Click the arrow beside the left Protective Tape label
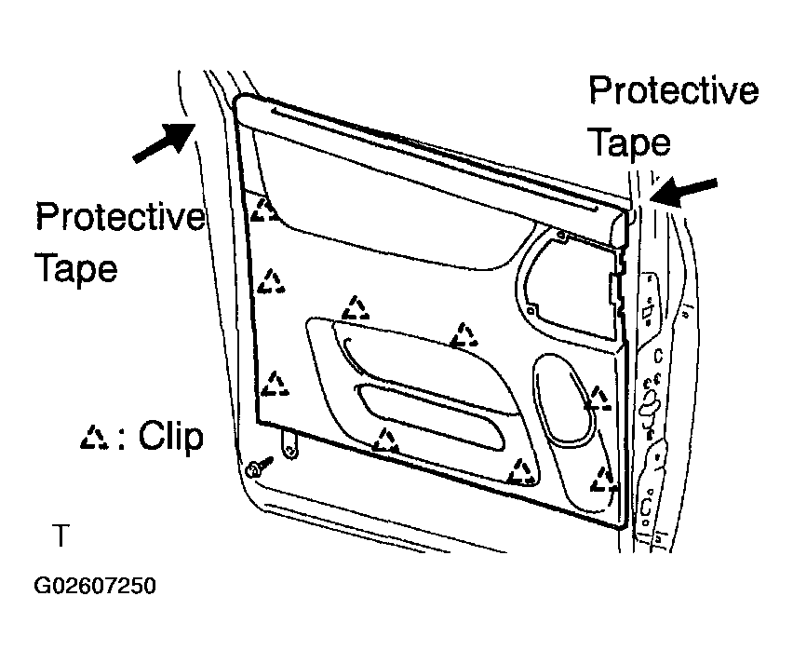click(165, 142)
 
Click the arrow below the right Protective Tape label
click(683, 191)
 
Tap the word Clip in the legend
click(171, 436)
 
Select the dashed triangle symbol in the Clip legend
click(94, 438)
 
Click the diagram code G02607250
click(95, 586)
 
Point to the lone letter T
click(60, 535)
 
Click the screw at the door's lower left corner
click(258, 468)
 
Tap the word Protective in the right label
click(674, 91)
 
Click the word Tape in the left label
click(76, 268)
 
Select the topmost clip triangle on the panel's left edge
click(264, 210)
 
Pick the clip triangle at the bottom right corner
click(603, 480)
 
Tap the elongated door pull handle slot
click(431, 416)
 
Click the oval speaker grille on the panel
click(565, 400)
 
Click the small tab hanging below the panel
click(289, 443)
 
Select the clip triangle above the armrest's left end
click(356, 308)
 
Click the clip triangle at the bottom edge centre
click(386, 440)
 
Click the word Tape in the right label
click(630, 143)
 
